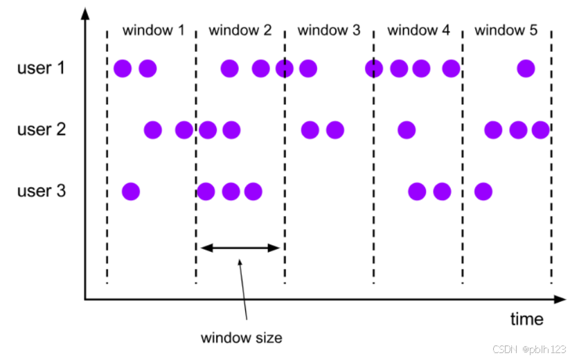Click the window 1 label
153,30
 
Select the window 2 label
240,30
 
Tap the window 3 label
328,30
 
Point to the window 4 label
418,30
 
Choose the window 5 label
506,30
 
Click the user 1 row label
42,69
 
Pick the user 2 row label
42,129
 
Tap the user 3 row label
42,190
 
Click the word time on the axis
526,319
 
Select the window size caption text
241,339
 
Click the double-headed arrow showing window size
240,247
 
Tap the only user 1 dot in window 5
526,69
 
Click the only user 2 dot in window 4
407,129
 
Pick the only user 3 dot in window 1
130,190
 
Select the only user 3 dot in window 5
483,190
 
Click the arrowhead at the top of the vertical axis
84,15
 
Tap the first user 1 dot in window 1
123,69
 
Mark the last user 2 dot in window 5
540,129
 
